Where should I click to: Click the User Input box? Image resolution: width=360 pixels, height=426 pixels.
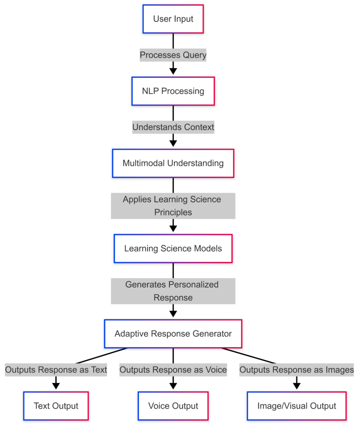pyautogui.click(x=173, y=19)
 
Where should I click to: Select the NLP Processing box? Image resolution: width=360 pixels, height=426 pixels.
pyautogui.click(x=173, y=91)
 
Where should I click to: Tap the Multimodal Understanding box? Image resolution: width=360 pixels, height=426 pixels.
pyautogui.click(x=173, y=163)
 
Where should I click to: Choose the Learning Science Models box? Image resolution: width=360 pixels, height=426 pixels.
pyautogui.click(x=173, y=249)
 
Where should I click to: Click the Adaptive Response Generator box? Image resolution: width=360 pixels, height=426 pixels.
pyautogui.click(x=173, y=334)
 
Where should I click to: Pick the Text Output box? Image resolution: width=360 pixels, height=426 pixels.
pyautogui.click(x=56, y=406)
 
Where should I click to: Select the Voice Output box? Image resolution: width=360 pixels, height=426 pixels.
pyautogui.click(x=173, y=406)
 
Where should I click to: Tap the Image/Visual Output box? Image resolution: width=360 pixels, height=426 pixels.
pyautogui.click(x=297, y=406)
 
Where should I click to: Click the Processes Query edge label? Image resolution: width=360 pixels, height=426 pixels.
pyautogui.click(x=173, y=55)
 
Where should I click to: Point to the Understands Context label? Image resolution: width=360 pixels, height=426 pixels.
pyautogui.click(x=173, y=127)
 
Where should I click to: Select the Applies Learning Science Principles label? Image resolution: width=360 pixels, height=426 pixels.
pyautogui.click(x=173, y=206)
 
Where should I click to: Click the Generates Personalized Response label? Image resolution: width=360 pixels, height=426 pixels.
pyautogui.click(x=173, y=291)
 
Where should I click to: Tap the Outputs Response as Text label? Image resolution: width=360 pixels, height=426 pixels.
pyautogui.click(x=56, y=369)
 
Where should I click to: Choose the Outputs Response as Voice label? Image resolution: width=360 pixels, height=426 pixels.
pyautogui.click(x=173, y=369)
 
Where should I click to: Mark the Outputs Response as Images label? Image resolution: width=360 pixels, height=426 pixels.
pyautogui.click(x=297, y=369)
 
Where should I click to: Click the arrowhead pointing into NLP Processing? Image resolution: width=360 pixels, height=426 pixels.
pyautogui.click(x=173, y=71)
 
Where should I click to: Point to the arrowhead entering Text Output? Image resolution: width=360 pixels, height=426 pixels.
pyautogui.click(x=56, y=386)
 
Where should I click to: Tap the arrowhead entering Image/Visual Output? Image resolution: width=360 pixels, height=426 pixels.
pyautogui.click(x=297, y=386)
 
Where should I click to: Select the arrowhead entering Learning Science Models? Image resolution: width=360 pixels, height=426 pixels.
pyautogui.click(x=173, y=228)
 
